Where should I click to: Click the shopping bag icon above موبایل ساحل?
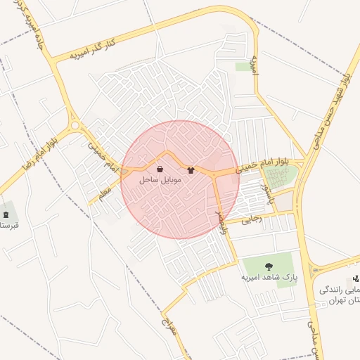coord(160,169)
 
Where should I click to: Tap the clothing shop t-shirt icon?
coord(191,170)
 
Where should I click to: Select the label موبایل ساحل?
coord(160,180)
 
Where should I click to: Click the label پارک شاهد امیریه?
coord(268,277)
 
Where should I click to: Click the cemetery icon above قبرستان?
coord(6,214)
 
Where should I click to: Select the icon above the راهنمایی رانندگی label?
coord(356,278)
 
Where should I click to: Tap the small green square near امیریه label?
coord(244,67)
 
